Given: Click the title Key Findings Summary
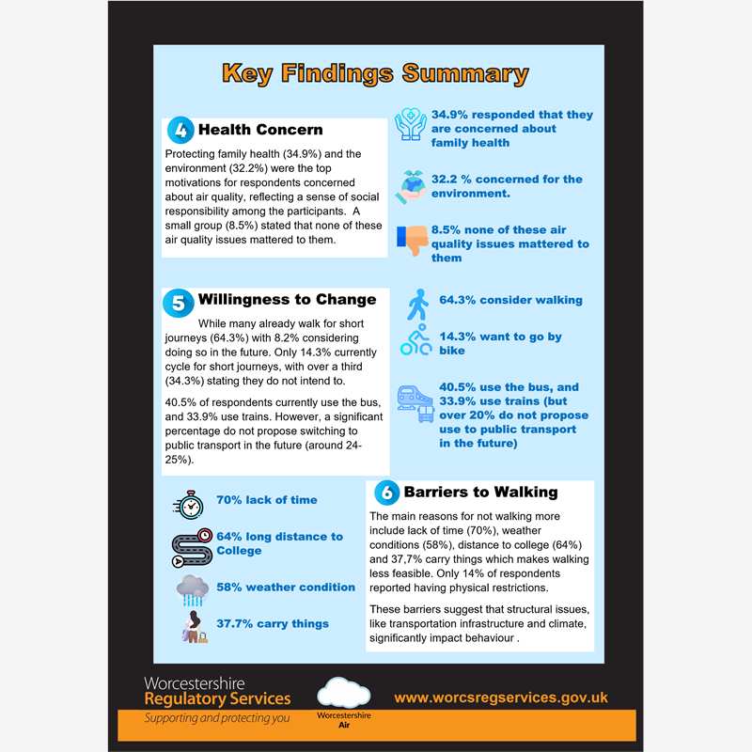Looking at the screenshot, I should tap(375, 73).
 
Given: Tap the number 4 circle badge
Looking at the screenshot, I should tap(180, 131).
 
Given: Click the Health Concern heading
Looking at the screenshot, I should tap(260, 131).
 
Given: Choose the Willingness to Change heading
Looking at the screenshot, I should tap(287, 300).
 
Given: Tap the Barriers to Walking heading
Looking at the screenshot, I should tap(480, 492).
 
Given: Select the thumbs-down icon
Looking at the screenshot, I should tap(413, 243).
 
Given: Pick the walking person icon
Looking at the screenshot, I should tap(415, 304).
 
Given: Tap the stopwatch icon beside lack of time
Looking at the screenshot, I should tap(189, 504).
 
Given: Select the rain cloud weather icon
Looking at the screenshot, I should tap(193, 590).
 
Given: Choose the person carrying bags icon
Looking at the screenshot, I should tap(194, 626).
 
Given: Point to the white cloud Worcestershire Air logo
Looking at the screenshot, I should tap(343, 693).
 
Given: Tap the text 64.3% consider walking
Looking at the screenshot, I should tap(510, 300).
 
